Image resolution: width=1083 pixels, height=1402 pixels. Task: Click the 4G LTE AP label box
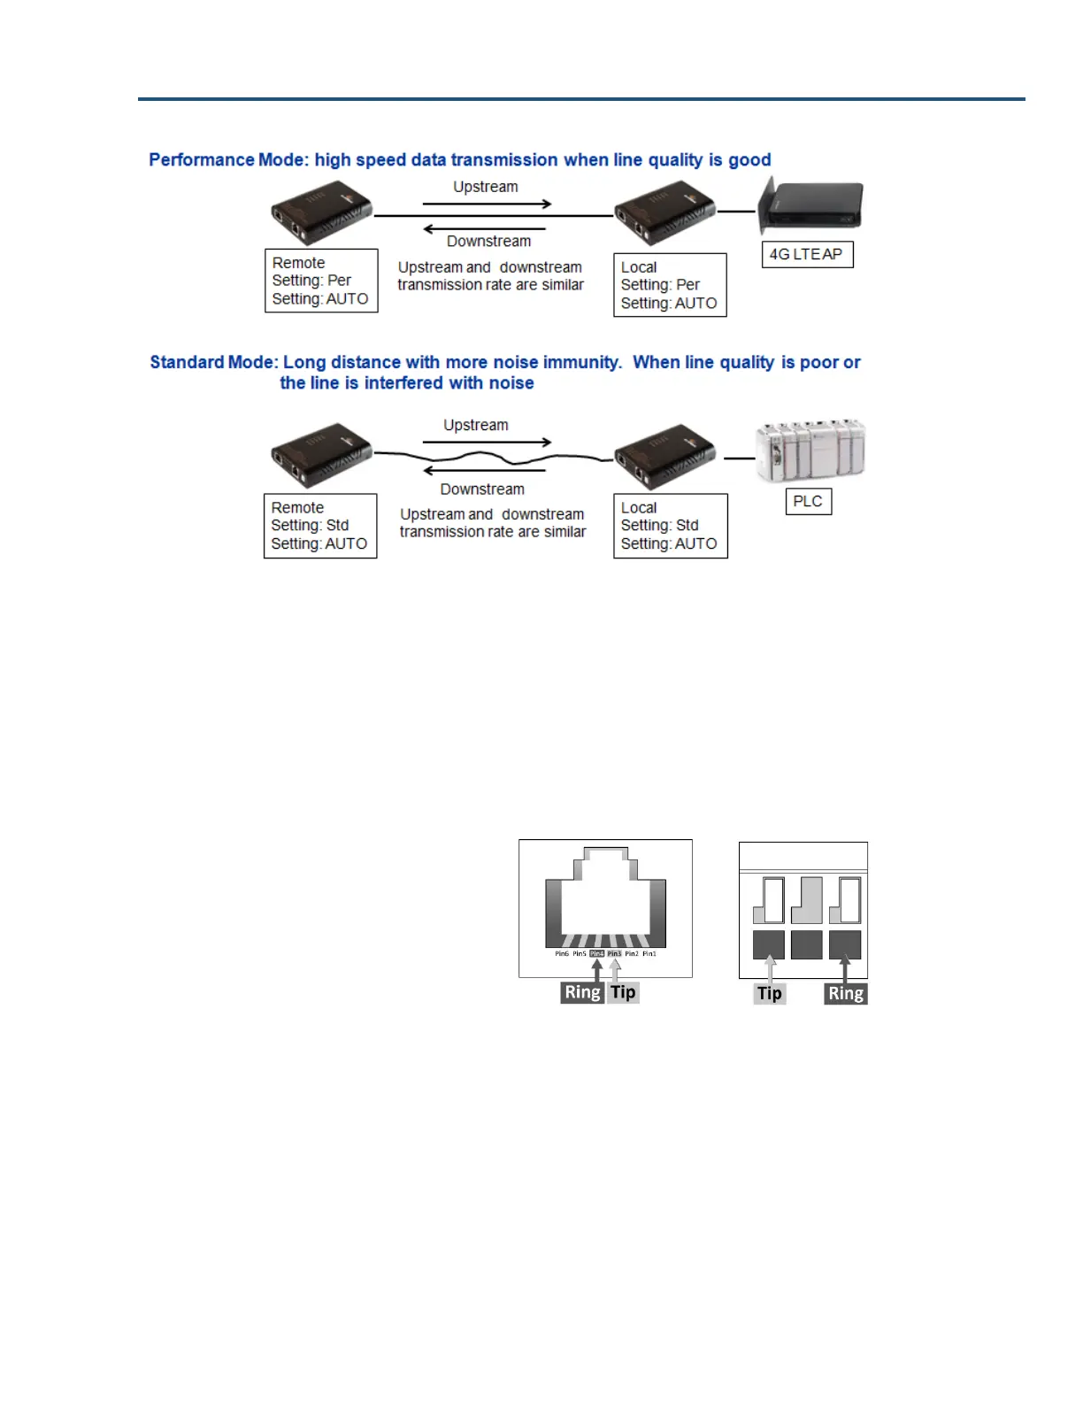(807, 254)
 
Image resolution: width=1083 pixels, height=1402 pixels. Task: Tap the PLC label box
(808, 501)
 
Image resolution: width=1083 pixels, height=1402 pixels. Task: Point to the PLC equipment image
(810, 451)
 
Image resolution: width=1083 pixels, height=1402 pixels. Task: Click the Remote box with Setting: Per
(321, 281)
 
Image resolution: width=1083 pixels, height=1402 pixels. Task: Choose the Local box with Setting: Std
(670, 526)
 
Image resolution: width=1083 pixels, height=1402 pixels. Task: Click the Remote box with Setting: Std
(320, 526)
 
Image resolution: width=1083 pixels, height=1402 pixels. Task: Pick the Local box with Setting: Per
(670, 285)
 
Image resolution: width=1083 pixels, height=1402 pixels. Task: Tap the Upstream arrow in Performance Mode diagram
(487, 204)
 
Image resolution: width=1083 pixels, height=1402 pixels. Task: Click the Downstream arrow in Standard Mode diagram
(482, 471)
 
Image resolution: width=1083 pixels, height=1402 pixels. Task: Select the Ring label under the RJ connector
(582, 992)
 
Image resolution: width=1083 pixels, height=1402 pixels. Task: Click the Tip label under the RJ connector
(623, 992)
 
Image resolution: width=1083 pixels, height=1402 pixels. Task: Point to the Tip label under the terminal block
(770, 993)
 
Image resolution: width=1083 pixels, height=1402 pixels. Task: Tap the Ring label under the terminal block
(846, 993)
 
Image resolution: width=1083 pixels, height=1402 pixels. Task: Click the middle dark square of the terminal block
(806, 944)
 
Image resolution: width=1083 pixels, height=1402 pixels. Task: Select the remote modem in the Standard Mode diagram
(320, 454)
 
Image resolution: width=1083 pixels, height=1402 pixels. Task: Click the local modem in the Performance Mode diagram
(664, 212)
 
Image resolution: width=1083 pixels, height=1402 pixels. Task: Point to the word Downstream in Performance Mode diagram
(488, 242)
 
